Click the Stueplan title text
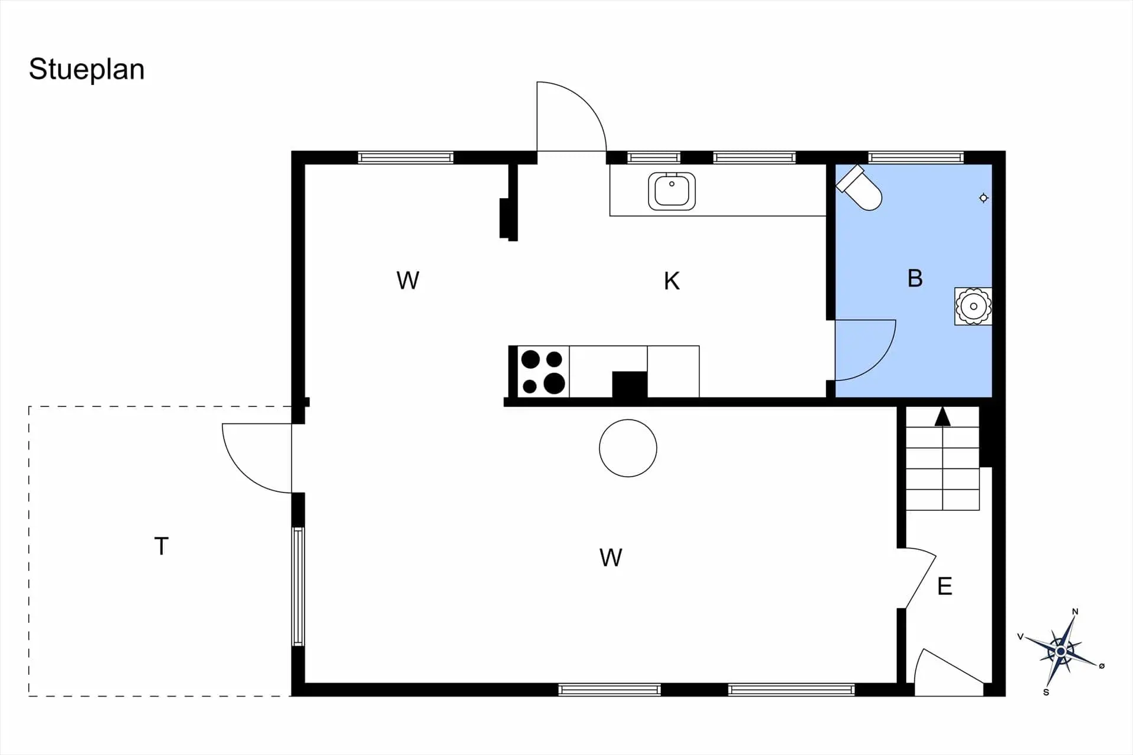87,70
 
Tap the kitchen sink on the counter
672,191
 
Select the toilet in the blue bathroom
860,188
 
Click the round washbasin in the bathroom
973,306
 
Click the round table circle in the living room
628,448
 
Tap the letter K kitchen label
672,281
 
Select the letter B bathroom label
915,278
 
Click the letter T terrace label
161,546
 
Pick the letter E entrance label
945,586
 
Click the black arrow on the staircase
942,416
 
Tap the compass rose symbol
1060,651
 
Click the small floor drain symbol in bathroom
983,198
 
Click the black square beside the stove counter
630,385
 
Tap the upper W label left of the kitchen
408,281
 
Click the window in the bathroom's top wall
916,157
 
